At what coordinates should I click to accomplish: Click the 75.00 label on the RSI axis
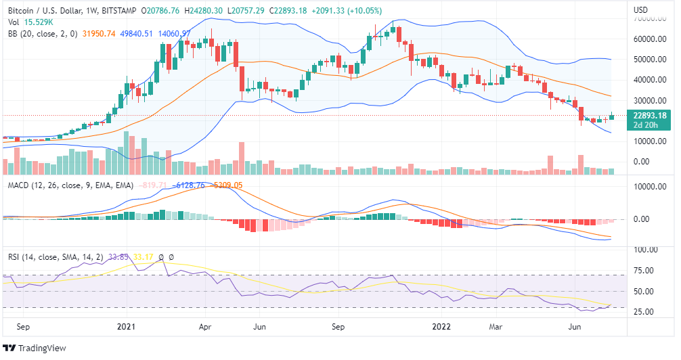click(x=644, y=271)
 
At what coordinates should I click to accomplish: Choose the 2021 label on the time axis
click(x=127, y=327)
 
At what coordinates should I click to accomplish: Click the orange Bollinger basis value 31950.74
click(x=98, y=33)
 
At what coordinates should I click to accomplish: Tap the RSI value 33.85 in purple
click(x=120, y=257)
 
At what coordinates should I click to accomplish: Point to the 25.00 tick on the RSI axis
click(x=644, y=312)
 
